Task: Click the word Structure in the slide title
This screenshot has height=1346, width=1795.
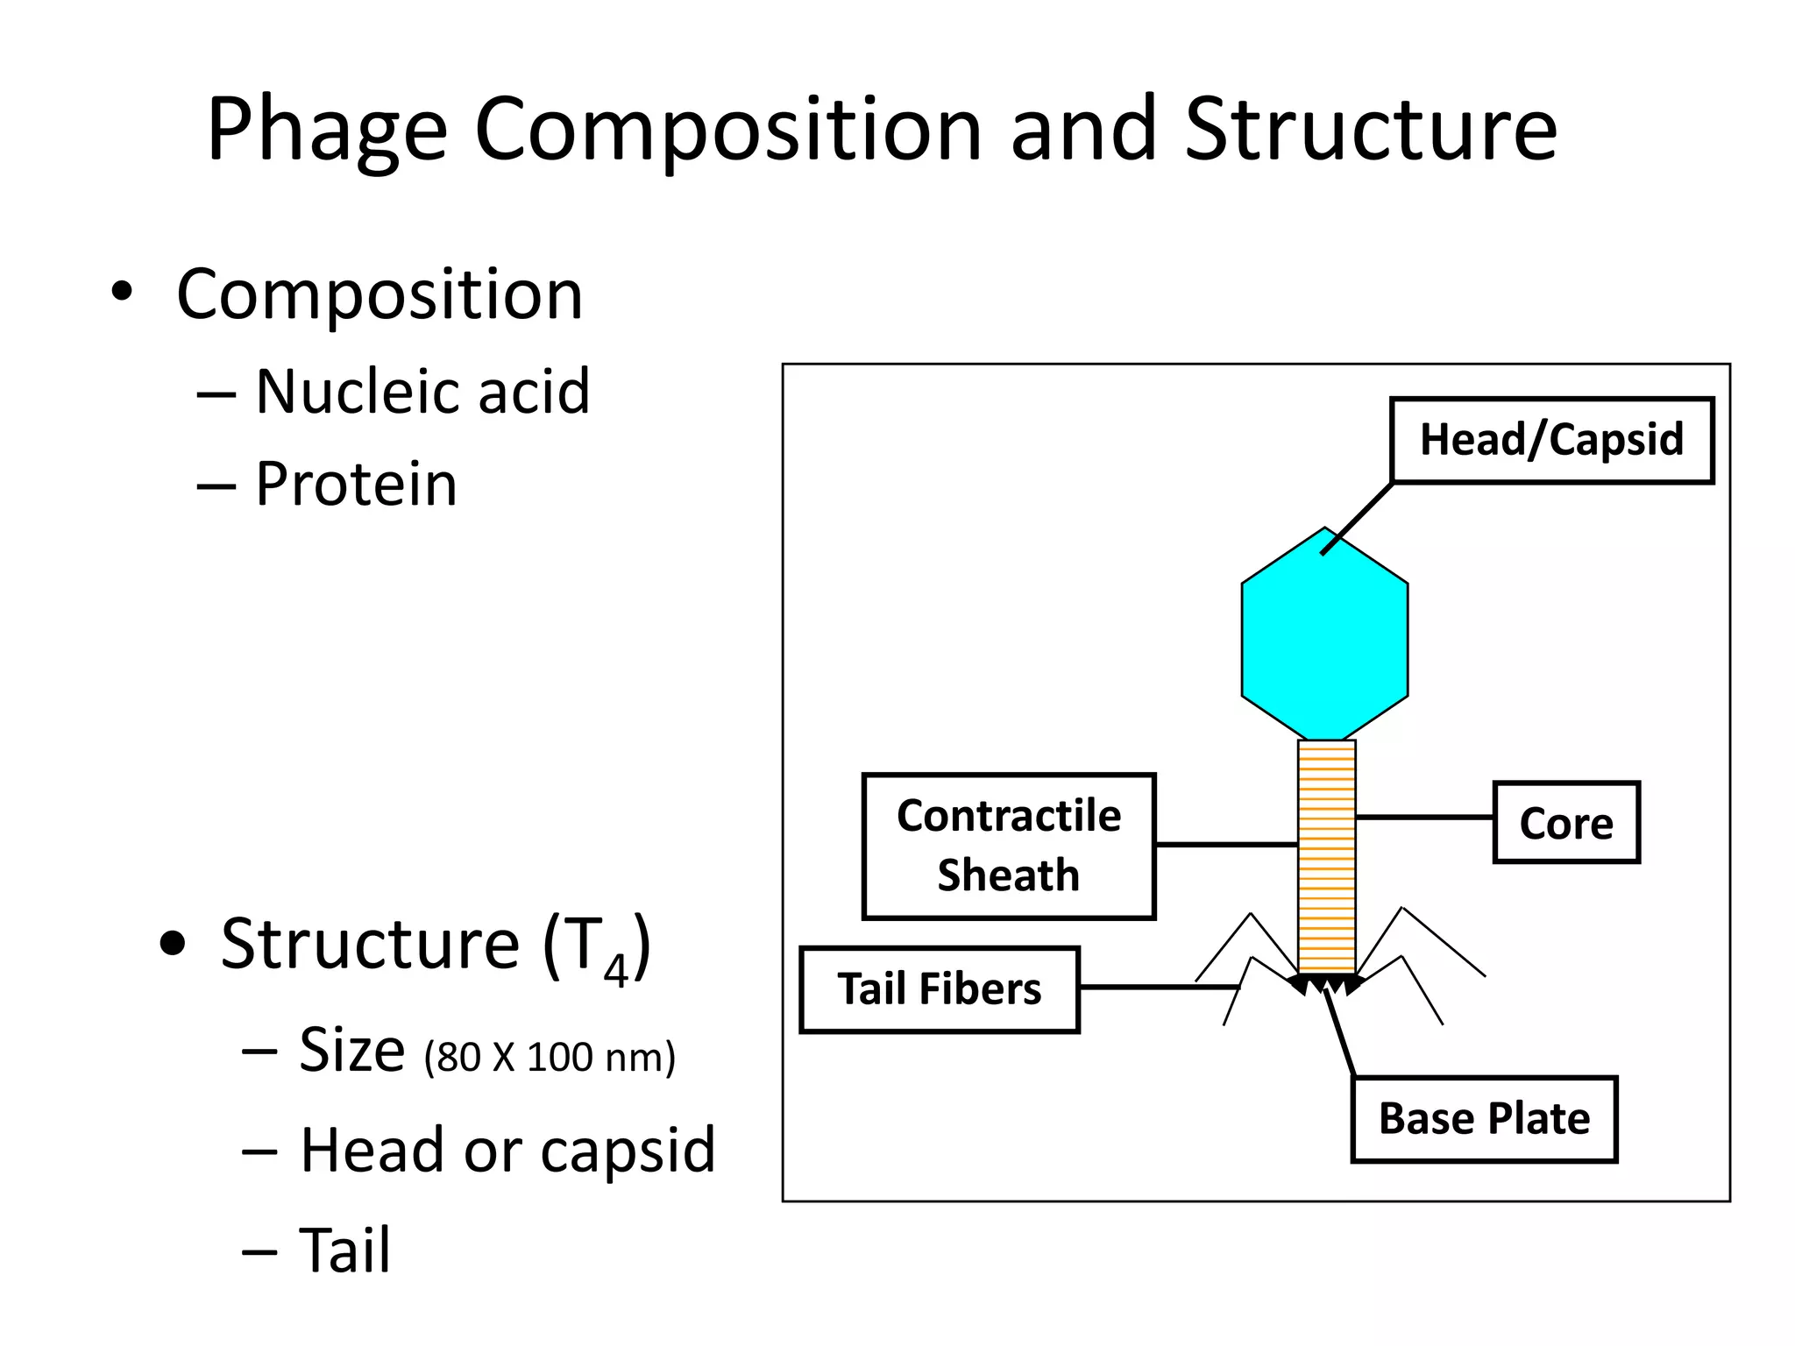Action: click(1370, 130)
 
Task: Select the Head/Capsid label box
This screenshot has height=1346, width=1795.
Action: click(1550, 440)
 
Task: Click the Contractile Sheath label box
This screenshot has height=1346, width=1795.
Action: click(1008, 846)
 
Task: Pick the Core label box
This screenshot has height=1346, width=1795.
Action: click(1565, 823)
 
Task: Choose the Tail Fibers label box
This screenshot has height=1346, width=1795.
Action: click(939, 989)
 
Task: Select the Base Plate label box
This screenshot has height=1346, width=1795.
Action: click(1484, 1119)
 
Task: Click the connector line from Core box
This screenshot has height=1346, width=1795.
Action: click(1424, 817)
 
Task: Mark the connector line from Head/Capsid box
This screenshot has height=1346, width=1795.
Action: click(1357, 519)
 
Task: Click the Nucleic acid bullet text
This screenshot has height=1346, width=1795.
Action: click(422, 391)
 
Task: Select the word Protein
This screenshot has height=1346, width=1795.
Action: click(356, 484)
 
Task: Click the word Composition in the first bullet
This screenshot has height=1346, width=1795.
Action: click(380, 294)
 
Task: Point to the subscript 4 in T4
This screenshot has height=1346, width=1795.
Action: click(615, 970)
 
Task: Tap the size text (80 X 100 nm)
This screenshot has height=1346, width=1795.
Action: click(550, 1057)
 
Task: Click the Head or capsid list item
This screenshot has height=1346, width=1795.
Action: click(507, 1150)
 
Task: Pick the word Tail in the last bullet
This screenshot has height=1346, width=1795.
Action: click(344, 1250)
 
